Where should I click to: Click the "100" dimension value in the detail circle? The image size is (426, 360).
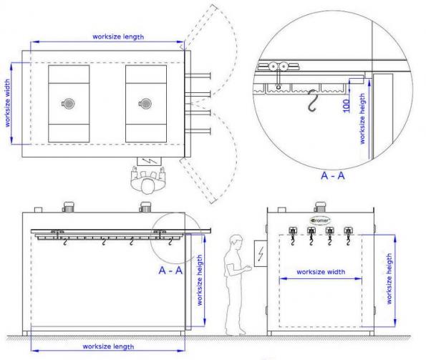(x=346, y=106)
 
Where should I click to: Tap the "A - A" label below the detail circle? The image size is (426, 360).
(x=332, y=175)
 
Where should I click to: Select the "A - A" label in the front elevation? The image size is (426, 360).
(x=170, y=271)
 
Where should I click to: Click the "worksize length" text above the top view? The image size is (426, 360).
(x=118, y=37)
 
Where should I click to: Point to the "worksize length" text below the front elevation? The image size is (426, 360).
(x=108, y=346)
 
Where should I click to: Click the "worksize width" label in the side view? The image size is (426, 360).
(x=321, y=272)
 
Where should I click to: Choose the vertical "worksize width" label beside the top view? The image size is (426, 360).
(x=7, y=103)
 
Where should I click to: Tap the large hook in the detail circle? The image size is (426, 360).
(x=312, y=100)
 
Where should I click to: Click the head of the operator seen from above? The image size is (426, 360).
(x=147, y=186)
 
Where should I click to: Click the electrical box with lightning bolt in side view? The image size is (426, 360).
(x=261, y=253)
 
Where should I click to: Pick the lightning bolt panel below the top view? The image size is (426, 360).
(x=149, y=161)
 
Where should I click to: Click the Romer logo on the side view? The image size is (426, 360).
(x=320, y=220)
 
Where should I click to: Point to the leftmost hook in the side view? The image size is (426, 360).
(x=293, y=240)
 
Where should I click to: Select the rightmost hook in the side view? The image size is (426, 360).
(x=348, y=240)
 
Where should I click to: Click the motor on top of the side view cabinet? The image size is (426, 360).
(x=320, y=207)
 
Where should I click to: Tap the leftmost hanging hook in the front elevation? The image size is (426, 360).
(x=65, y=242)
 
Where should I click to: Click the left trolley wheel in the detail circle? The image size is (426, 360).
(x=273, y=67)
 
